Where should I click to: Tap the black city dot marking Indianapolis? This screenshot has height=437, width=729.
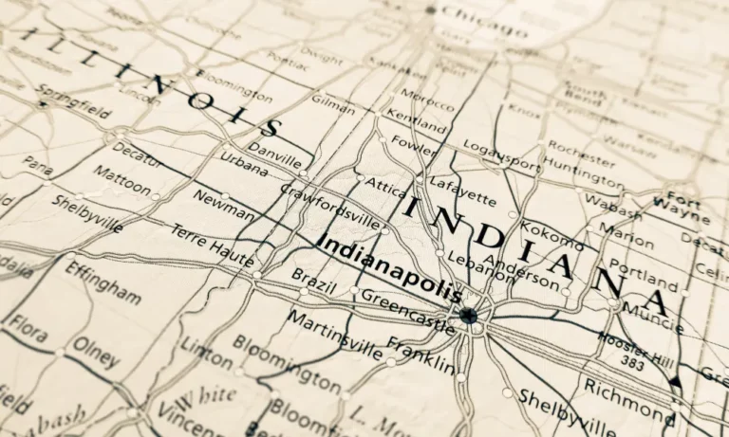click(468, 315)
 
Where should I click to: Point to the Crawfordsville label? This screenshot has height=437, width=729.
click(328, 204)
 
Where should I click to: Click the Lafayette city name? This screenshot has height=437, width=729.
click(462, 190)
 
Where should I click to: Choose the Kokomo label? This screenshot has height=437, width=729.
click(552, 231)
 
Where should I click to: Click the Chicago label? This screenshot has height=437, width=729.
click(484, 19)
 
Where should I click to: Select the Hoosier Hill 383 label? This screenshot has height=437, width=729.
click(635, 348)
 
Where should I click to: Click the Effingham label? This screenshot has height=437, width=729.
click(103, 282)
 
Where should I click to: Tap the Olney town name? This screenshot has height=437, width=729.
click(97, 351)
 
